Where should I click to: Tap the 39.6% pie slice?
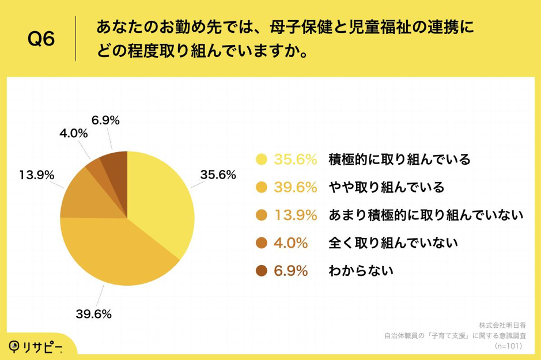115,253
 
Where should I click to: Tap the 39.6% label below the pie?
93,314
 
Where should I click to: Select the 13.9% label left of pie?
36,174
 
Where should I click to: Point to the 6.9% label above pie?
105,120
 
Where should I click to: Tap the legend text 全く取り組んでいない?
393,242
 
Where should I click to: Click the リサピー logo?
35,346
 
